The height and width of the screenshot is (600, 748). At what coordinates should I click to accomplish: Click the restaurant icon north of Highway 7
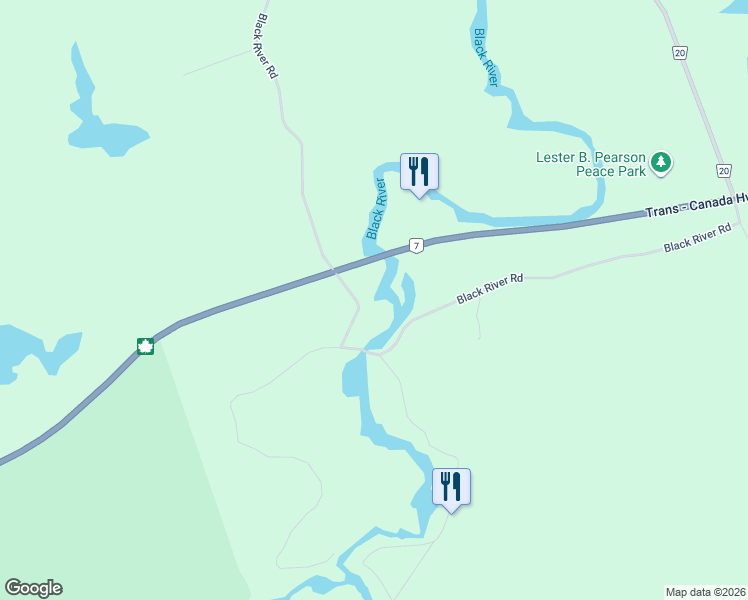(x=419, y=172)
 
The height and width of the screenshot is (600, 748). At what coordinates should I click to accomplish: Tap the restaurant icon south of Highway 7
(x=450, y=487)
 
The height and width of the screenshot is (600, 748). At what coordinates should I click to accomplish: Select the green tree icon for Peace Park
(x=660, y=162)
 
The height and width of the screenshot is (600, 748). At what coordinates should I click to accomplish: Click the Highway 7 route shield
(x=416, y=245)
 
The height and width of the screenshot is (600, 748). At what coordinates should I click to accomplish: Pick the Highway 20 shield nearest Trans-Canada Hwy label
(x=723, y=171)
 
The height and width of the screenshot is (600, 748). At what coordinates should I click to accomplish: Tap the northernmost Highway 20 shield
(x=680, y=52)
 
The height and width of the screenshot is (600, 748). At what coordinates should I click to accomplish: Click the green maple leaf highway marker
(x=145, y=347)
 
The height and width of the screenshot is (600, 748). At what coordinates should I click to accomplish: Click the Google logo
(x=33, y=588)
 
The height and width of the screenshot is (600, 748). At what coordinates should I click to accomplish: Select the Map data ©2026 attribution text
(x=705, y=592)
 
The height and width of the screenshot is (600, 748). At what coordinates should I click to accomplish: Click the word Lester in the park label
(x=556, y=157)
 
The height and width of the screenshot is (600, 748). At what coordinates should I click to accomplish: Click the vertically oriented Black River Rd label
(x=266, y=47)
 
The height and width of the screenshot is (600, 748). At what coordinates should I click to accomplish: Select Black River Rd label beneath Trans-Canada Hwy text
(x=698, y=237)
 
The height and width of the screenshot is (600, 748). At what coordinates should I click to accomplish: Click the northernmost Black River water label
(x=485, y=58)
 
